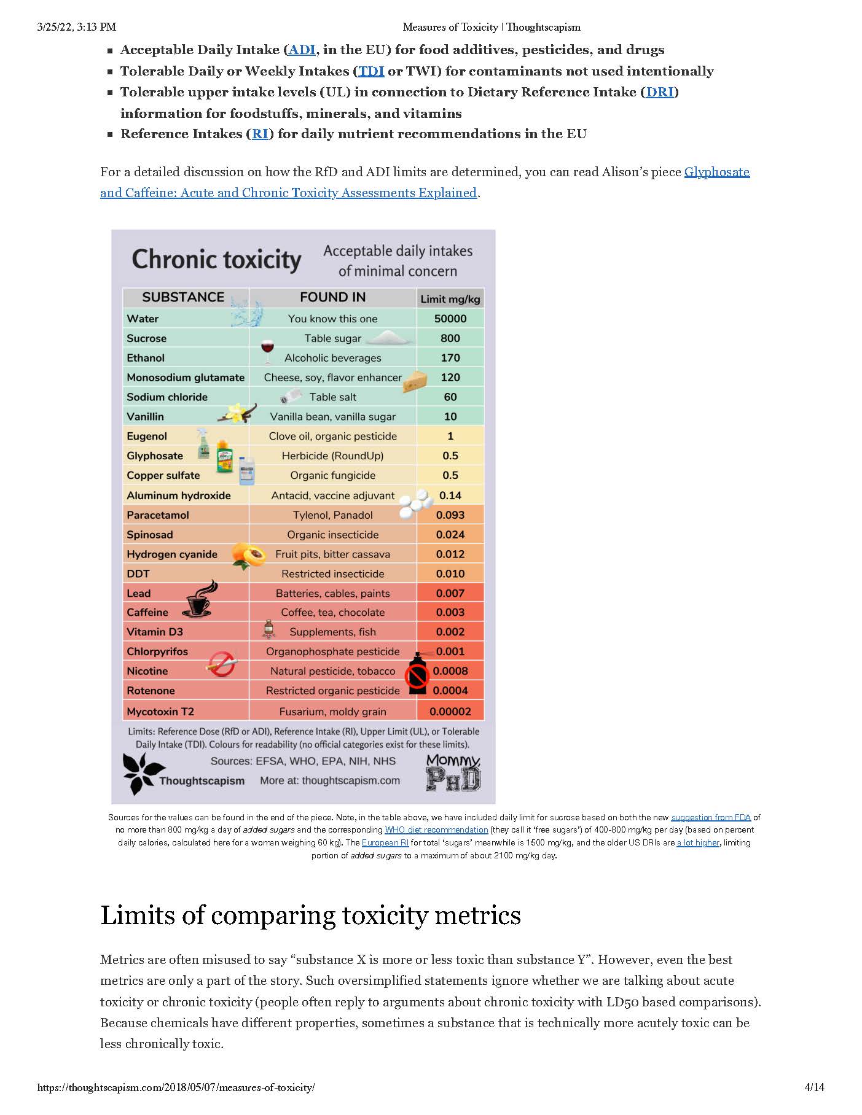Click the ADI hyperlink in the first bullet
point(302,50)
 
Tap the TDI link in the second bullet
point(371,71)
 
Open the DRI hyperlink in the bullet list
point(660,92)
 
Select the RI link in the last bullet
point(260,134)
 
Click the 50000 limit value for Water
point(450,319)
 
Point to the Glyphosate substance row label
point(155,456)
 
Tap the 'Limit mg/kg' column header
point(450,299)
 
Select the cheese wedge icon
point(415,381)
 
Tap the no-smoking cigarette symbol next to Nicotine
point(221,664)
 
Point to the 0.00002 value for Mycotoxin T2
point(450,712)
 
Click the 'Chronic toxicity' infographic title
point(216,259)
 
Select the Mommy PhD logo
point(453,773)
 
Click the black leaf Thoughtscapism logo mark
point(141,773)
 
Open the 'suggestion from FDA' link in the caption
point(711,817)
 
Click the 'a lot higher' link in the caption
point(697,842)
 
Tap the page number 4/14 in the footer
point(814,1087)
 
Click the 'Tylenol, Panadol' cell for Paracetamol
point(332,515)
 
